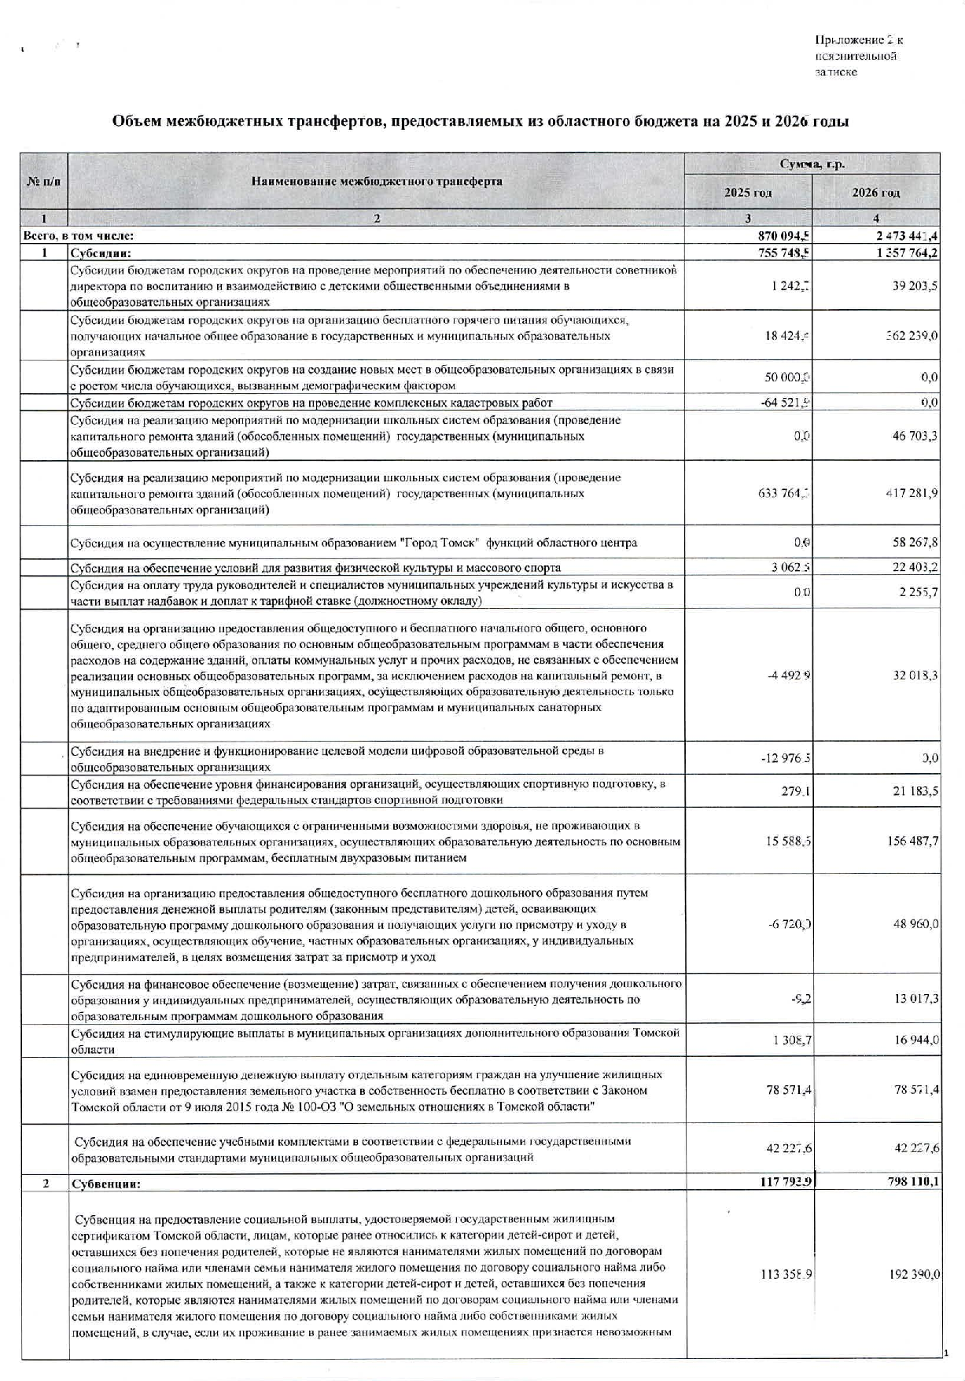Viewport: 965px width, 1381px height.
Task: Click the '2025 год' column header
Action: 748,193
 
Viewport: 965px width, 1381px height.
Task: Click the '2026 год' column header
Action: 876,193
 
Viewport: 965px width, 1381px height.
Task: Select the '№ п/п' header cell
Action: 43,182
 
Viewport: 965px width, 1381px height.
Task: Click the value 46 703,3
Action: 915,435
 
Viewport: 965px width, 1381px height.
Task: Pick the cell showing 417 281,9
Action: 911,493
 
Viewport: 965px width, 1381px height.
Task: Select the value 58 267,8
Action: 915,543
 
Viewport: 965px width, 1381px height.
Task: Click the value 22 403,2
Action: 915,567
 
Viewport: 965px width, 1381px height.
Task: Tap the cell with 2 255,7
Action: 918,592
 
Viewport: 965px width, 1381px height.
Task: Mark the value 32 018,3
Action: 915,676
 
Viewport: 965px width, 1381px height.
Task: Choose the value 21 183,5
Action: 915,791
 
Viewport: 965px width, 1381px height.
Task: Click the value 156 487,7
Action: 912,841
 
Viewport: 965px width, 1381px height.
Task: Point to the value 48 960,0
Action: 915,924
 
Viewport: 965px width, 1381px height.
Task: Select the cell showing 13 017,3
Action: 915,999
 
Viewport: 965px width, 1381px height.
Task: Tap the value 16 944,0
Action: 915,1040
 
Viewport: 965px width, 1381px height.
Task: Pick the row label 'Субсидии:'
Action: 100,253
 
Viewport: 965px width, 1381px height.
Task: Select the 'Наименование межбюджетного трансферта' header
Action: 377,182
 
